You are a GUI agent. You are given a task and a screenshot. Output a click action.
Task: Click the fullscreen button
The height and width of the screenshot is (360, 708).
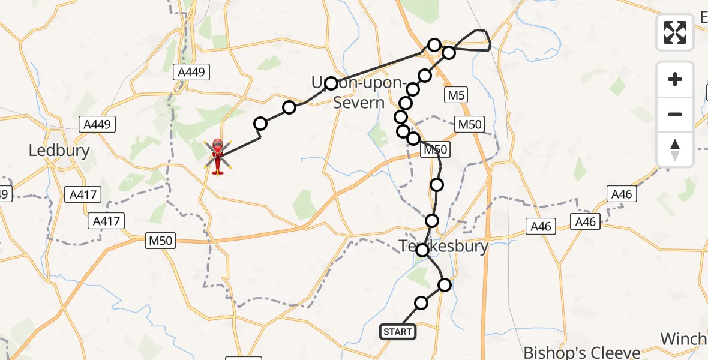click(675, 32)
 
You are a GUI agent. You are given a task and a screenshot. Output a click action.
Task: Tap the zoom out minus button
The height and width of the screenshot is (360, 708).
click(675, 114)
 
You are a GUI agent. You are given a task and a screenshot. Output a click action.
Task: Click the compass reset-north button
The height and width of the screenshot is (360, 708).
click(675, 149)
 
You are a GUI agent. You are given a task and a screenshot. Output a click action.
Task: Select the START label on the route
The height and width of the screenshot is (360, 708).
click(397, 331)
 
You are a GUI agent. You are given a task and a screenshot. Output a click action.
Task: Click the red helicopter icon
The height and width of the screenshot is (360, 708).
click(217, 157)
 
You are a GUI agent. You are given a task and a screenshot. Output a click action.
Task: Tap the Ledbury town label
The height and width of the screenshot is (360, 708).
click(59, 150)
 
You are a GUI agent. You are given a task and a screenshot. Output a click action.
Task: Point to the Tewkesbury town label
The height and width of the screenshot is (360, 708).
click(445, 246)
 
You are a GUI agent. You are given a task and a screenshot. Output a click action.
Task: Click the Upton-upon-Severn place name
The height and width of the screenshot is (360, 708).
click(356, 92)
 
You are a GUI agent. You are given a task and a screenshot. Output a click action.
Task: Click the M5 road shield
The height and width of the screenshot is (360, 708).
click(455, 95)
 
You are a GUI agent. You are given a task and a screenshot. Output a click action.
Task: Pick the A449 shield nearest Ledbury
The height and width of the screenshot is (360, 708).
click(97, 124)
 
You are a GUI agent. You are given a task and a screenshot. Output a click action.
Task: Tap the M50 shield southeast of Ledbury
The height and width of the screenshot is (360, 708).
click(161, 241)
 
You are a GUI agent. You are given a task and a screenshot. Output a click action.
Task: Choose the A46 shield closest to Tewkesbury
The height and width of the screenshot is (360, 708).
click(541, 226)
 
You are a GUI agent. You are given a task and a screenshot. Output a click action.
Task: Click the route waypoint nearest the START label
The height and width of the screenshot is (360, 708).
click(421, 303)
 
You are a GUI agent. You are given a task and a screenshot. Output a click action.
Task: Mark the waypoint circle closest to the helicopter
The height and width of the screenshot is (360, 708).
click(260, 124)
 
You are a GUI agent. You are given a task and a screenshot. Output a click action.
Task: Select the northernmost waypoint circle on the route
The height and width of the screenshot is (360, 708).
click(434, 44)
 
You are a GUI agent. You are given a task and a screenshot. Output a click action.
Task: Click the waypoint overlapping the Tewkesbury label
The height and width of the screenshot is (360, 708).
click(423, 250)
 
